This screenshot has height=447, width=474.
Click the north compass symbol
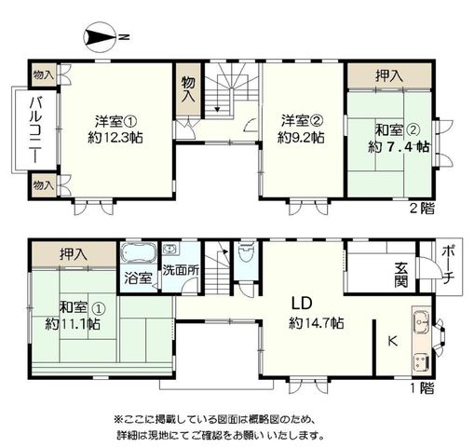(x=100, y=37)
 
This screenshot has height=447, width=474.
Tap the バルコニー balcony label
(x=36, y=129)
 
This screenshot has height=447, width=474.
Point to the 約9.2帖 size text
(x=301, y=137)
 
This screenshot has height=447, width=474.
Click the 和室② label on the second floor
(x=399, y=130)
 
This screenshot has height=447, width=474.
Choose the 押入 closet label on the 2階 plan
(x=389, y=75)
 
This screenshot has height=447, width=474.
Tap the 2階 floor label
(x=422, y=209)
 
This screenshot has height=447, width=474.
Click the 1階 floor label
(x=422, y=388)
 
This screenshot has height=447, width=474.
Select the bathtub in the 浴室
(x=139, y=253)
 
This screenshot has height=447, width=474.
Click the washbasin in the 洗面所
(x=170, y=249)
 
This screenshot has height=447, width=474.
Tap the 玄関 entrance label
(x=400, y=275)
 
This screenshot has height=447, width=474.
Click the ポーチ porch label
(x=447, y=264)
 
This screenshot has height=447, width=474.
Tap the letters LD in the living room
(x=301, y=304)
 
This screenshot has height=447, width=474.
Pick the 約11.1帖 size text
(x=73, y=324)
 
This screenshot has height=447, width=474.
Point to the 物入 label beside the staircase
(x=188, y=89)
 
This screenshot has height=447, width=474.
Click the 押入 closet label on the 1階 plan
(x=74, y=254)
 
